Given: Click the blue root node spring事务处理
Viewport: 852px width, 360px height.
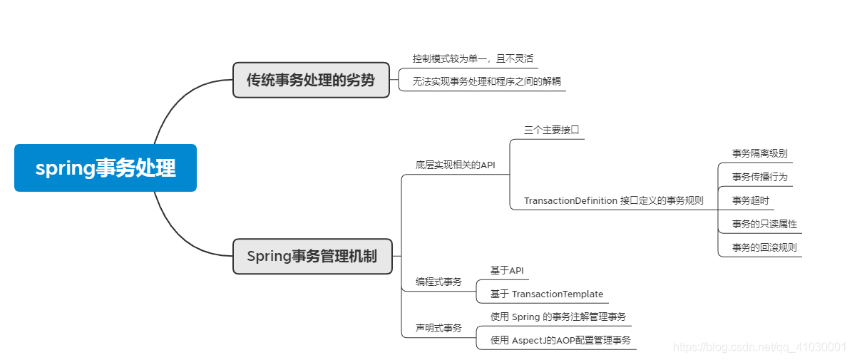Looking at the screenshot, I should (106, 168).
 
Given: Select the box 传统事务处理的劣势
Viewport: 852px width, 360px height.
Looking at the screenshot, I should (311, 80).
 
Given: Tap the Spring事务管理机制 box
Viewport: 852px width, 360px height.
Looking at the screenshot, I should (312, 256).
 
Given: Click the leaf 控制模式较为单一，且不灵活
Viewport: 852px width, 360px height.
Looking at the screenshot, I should (473, 58).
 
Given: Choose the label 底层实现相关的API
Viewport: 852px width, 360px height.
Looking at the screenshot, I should (456, 165).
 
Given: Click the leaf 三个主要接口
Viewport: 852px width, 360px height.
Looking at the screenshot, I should (551, 130).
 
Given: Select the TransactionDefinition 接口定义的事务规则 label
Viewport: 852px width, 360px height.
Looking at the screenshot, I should (614, 200).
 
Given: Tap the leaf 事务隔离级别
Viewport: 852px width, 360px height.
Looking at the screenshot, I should (760, 153).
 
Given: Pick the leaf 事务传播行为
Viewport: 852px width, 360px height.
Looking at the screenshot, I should (760, 177).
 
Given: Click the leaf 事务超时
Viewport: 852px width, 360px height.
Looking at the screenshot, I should (751, 200).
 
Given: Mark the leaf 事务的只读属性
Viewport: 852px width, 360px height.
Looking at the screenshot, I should (765, 224).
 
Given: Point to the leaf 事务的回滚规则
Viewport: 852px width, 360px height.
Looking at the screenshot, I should (765, 247).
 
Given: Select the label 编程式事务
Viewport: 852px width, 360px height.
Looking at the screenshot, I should (439, 282).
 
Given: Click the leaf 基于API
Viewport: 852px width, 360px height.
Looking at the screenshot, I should (507, 270).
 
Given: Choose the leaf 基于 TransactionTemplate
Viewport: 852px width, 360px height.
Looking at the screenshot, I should (547, 294).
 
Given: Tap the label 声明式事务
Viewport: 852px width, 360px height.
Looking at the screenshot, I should (439, 328).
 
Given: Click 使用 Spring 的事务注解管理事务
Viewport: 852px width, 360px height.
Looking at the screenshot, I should (558, 317).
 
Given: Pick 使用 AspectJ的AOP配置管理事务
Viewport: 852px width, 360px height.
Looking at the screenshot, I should (560, 340).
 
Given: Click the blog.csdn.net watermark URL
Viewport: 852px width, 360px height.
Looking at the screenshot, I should (759, 346).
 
